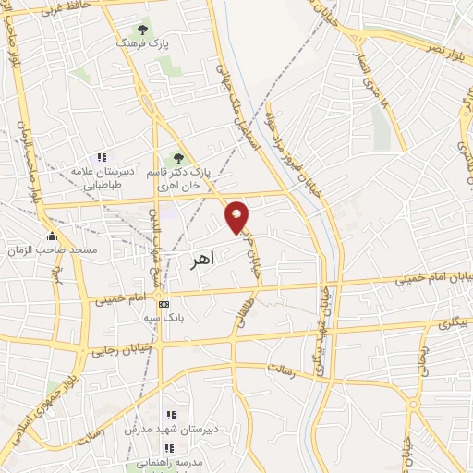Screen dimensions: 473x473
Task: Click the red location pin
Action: (237, 216)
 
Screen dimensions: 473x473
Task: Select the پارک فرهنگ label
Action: (141, 43)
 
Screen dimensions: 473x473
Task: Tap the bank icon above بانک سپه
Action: (164, 304)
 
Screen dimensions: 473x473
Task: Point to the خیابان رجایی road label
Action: (115, 350)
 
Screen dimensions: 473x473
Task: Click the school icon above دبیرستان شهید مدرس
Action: (169, 415)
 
